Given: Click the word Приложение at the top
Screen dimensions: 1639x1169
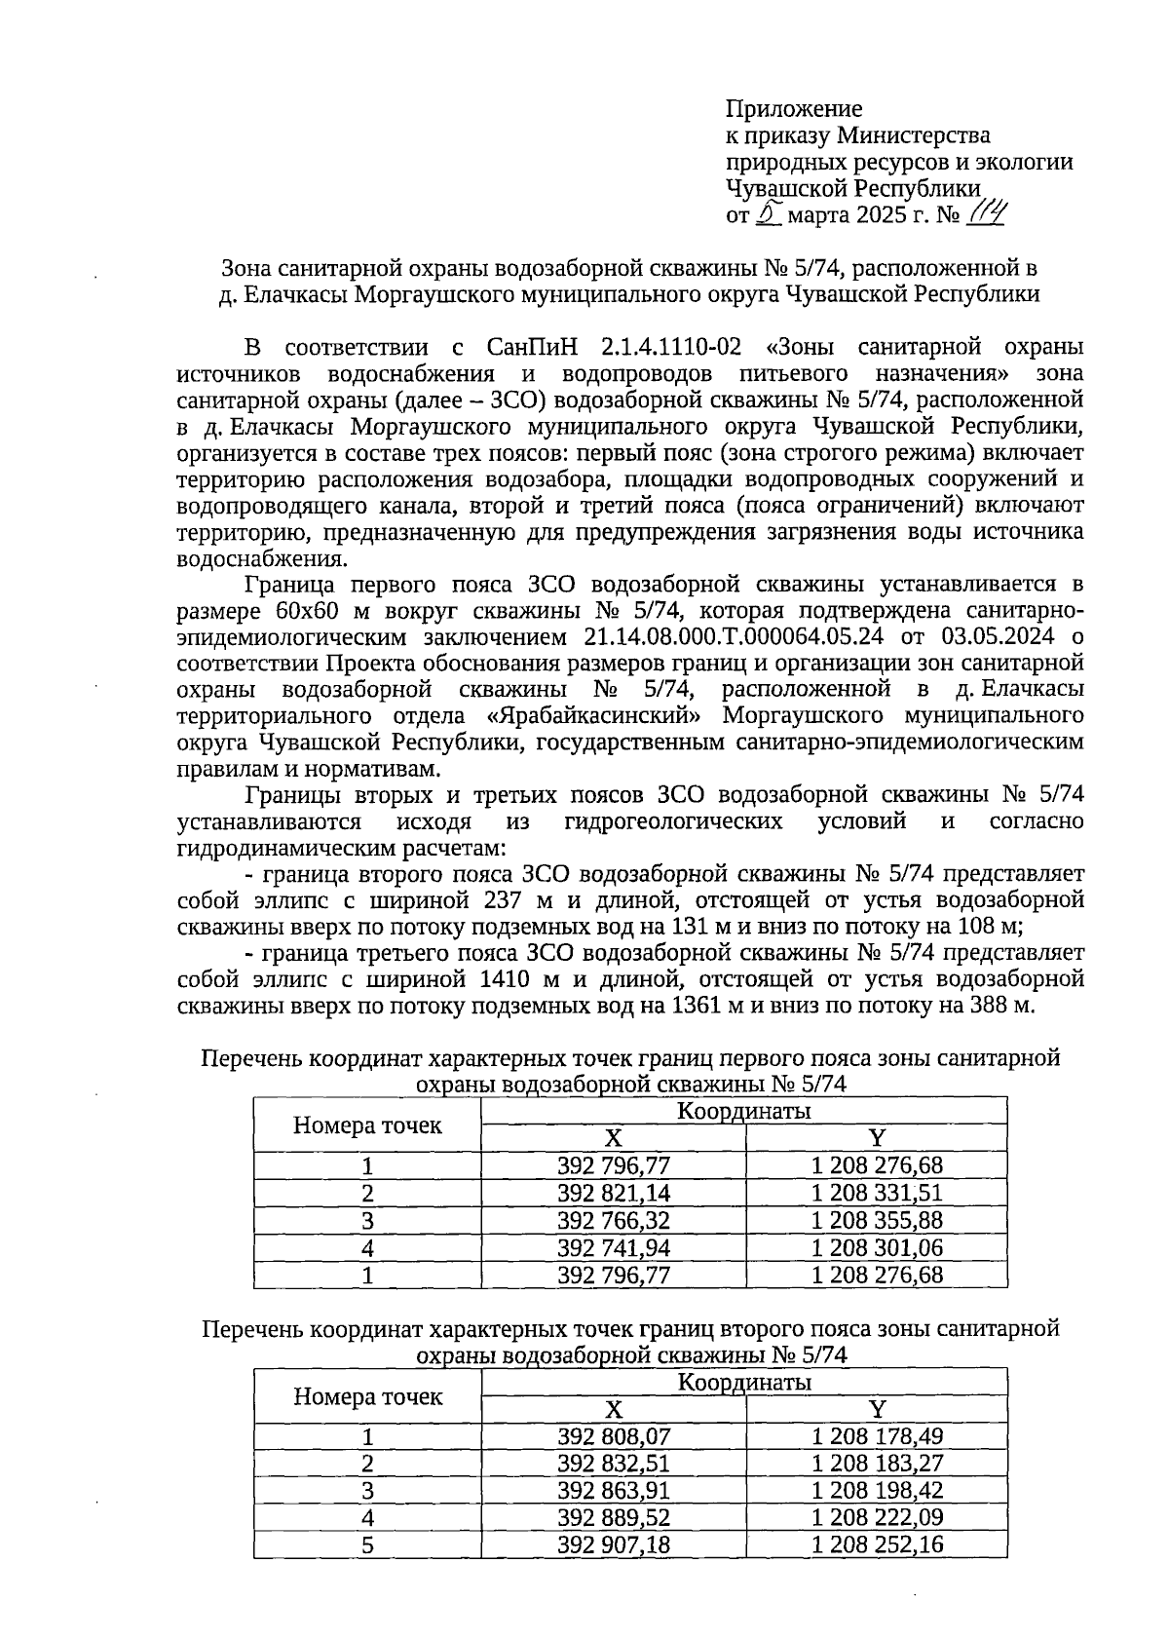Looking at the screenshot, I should point(794,108).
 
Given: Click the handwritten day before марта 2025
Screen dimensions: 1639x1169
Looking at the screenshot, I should point(770,213).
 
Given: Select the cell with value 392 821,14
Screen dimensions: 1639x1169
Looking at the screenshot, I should point(614,1193).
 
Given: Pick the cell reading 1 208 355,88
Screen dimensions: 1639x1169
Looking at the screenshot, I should point(877,1220).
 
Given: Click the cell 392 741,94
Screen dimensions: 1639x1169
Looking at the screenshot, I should point(614,1247).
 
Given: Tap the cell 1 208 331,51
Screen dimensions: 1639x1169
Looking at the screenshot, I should point(877,1193).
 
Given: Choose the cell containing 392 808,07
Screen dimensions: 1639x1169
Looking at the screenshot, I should point(614,1436).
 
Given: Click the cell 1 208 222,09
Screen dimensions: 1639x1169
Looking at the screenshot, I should point(877,1517).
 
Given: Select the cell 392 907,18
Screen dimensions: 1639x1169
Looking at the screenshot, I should point(614,1544).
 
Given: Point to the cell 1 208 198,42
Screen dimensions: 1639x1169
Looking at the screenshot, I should point(877,1490).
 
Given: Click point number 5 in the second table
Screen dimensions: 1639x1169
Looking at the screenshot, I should point(367,1544).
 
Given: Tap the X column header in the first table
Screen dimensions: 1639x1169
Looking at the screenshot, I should point(613,1138).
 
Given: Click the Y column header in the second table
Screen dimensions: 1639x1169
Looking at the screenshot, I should point(877,1409).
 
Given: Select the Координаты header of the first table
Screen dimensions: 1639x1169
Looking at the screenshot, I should point(744,1111).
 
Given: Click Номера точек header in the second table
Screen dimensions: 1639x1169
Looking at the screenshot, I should point(367,1396).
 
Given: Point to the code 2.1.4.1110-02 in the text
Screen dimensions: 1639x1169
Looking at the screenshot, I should point(672,348).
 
